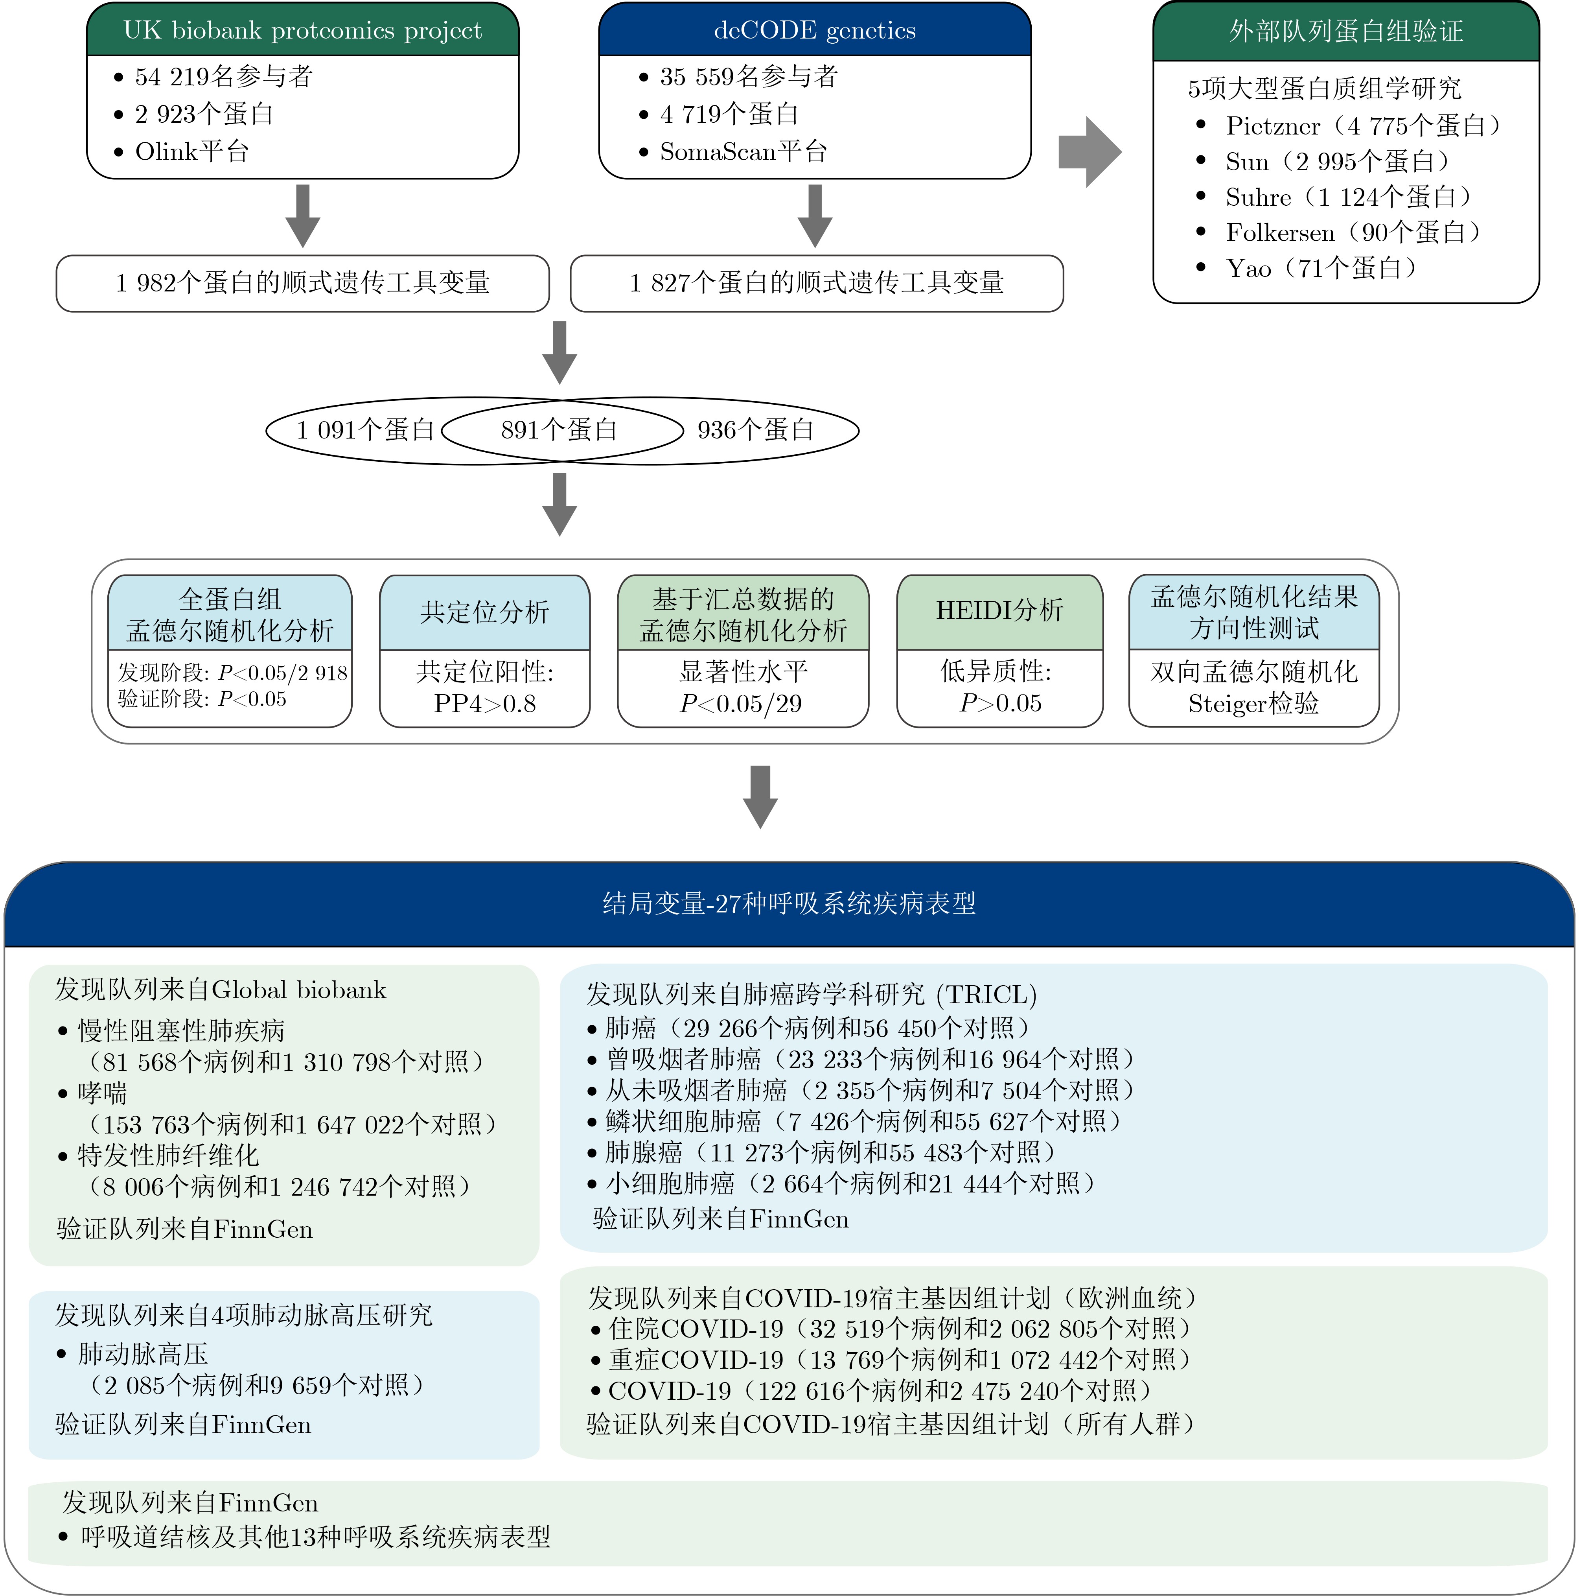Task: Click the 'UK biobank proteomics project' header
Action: click(302, 31)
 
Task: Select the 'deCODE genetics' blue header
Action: click(814, 31)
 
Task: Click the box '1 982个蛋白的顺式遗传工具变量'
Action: click(302, 283)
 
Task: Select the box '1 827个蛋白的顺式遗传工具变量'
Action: click(816, 283)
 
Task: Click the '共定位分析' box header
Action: click(485, 612)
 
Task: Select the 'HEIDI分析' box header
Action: click(999, 610)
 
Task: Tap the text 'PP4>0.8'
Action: click(485, 704)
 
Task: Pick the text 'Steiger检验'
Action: click(1253, 704)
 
